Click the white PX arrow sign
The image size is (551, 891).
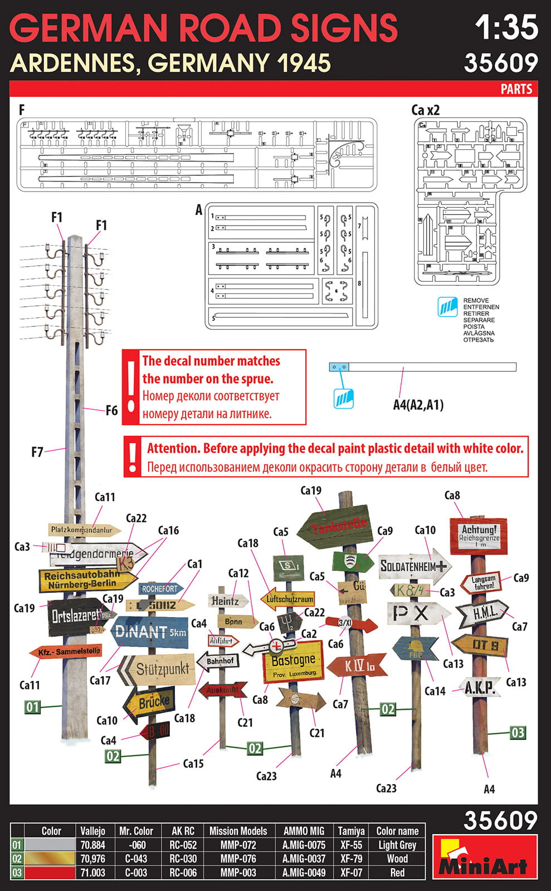(418, 614)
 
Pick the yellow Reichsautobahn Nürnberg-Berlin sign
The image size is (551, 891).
(86, 580)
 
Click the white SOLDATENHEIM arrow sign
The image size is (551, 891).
(414, 566)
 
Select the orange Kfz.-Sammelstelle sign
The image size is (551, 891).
(67, 652)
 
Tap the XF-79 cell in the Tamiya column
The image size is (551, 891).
(351, 859)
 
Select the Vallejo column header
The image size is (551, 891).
(92, 831)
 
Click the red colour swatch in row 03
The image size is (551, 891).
(51, 873)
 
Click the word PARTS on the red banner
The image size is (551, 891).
(516, 89)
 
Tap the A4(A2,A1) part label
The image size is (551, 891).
(418, 405)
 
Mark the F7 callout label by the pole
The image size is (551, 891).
(37, 452)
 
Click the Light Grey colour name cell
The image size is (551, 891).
(397, 845)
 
